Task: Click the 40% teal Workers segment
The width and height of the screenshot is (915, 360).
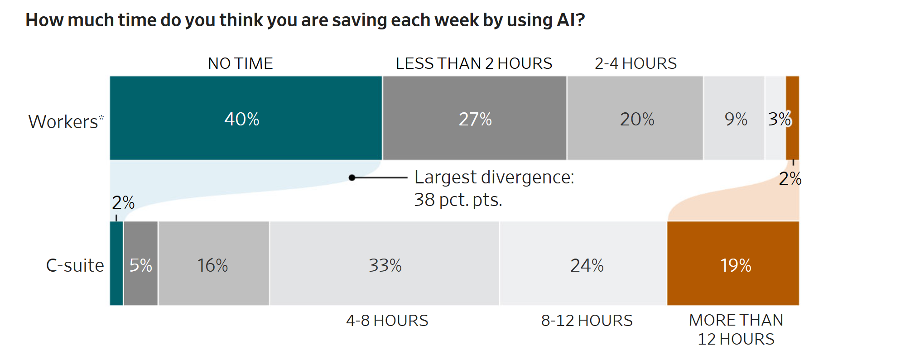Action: coord(246,118)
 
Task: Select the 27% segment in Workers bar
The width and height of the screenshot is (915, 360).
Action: coord(474,118)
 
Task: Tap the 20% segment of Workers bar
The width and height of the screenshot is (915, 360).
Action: coord(635,118)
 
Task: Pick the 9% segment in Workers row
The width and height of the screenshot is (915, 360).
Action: coord(734,118)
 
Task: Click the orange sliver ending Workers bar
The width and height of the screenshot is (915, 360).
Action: coord(793,118)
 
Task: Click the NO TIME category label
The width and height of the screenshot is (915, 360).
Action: coord(240,63)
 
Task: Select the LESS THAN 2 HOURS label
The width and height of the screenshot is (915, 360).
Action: coord(474,63)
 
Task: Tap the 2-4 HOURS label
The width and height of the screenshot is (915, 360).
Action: coord(636,63)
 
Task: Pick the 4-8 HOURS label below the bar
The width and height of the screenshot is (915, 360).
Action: coord(387,321)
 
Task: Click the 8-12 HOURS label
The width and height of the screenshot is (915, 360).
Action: coord(587,321)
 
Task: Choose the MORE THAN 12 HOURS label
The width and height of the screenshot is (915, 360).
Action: coord(736,330)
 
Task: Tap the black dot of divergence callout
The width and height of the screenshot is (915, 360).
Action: coord(352,178)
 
